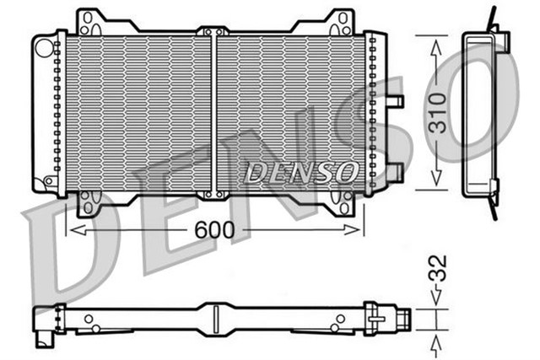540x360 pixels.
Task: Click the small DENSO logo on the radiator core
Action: pyautogui.click(x=300, y=172)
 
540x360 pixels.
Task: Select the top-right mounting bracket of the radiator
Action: pyautogui.click(x=341, y=20)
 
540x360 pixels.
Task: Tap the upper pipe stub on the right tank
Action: pyautogui.click(x=394, y=102)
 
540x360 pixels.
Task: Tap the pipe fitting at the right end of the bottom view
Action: pyautogui.click(x=402, y=320)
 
